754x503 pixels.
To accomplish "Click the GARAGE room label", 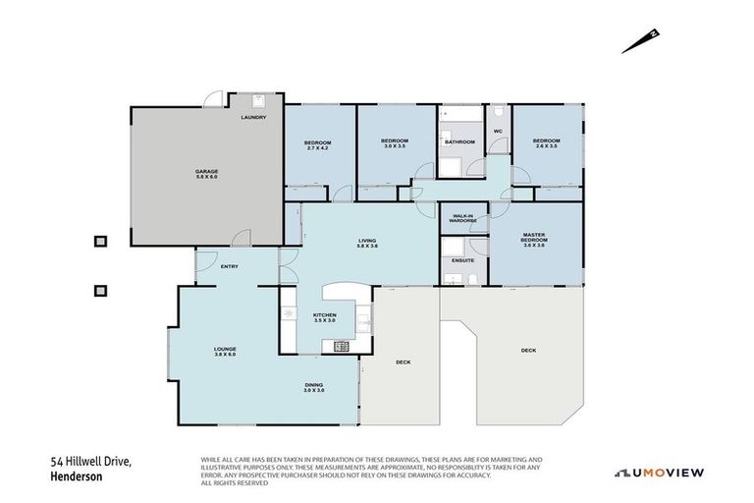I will click(205, 173).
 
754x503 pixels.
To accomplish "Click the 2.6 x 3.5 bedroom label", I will click(545, 143).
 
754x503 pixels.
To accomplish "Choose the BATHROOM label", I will click(459, 142).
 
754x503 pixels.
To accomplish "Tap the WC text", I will click(498, 131).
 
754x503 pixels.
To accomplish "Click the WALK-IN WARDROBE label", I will click(462, 218).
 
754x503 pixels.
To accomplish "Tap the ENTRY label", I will click(229, 266).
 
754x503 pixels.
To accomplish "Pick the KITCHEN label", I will click(324, 317).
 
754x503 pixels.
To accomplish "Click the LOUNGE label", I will click(226, 351).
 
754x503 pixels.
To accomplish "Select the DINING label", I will click(313, 387).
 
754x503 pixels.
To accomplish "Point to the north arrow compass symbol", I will click(638, 41).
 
